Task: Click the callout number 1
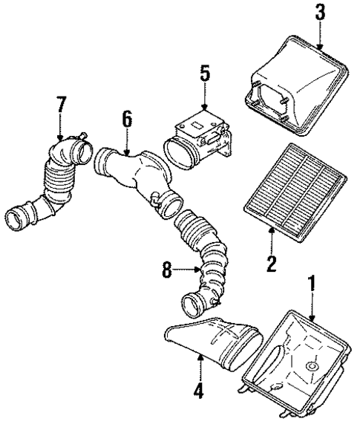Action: pos(312,284)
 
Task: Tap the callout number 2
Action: pos(272,262)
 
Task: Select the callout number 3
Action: pos(320,13)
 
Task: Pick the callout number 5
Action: pos(205,73)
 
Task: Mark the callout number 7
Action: pos(60,105)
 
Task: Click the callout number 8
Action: pos(168,272)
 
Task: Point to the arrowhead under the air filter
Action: pos(272,229)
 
